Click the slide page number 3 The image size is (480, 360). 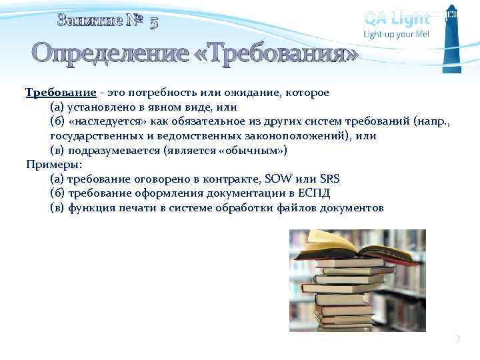coord(457,339)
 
